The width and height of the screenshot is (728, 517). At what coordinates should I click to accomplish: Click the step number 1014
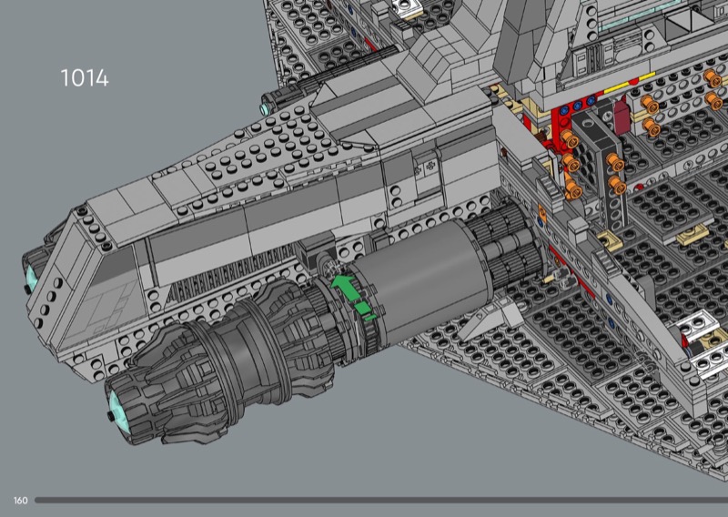pos(85,78)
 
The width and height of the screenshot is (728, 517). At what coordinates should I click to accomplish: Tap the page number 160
pos(20,501)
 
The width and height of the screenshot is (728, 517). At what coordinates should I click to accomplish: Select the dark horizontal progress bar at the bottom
pos(381,501)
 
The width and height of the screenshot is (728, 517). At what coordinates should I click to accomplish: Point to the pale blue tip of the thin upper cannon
pos(265,109)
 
